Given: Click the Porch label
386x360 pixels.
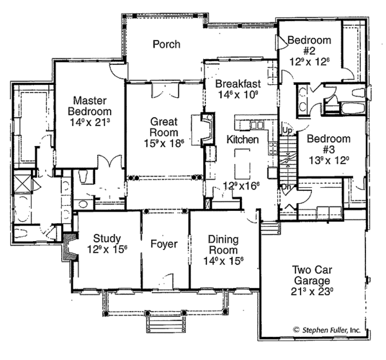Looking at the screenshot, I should (x=166, y=44).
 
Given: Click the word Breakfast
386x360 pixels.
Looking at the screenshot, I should (x=237, y=84).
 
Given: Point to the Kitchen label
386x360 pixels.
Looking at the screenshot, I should (x=243, y=139).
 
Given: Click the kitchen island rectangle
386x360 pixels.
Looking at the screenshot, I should (x=242, y=165).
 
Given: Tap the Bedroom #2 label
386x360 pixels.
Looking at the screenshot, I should (x=309, y=46).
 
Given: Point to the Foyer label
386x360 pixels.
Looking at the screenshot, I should (x=165, y=244).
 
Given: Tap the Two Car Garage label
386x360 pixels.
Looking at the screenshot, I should (x=311, y=276).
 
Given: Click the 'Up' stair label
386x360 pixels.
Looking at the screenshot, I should (x=287, y=130).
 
